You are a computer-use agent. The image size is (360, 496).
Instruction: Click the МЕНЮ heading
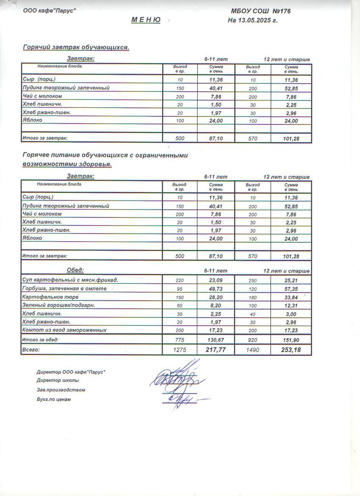point(146,20)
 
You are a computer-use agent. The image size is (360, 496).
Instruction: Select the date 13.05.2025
point(256,20)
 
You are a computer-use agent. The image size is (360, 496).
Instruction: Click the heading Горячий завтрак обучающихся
point(76,48)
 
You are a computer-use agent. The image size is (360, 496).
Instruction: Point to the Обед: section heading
point(76,270)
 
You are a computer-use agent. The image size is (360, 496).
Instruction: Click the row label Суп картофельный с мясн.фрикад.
point(70,280)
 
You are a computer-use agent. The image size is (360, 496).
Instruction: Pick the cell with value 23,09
point(216,280)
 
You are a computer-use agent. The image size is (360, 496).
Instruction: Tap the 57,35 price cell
point(291,289)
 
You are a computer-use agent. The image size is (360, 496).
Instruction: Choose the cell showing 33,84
point(291,297)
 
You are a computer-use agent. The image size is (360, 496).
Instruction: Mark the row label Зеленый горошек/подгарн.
point(58,305)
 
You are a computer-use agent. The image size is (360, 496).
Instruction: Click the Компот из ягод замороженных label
point(64,330)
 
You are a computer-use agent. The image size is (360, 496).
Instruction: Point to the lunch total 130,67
point(216,340)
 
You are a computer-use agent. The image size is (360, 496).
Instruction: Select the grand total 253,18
point(291,350)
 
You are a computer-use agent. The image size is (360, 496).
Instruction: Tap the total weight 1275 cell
point(180,350)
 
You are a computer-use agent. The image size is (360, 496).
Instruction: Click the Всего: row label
point(31,350)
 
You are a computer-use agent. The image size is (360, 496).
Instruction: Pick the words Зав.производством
point(61,390)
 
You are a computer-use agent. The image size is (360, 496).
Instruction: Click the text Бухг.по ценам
point(54,399)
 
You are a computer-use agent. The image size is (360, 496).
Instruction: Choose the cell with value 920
point(253,340)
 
